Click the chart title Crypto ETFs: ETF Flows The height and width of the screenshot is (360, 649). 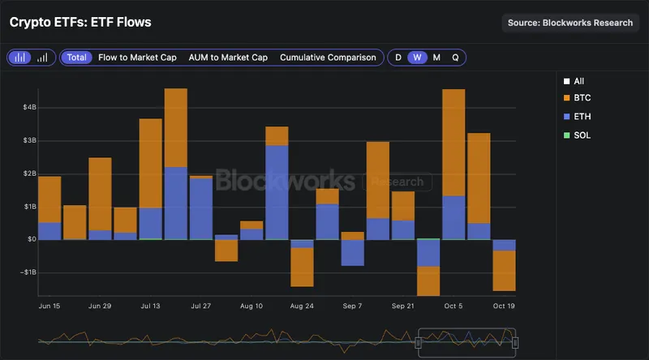(80, 23)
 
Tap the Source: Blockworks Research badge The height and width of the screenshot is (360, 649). (570, 23)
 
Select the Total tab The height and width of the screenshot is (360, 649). (77, 58)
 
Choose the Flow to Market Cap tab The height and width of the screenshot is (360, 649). (137, 58)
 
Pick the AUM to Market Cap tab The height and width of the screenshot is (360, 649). (228, 58)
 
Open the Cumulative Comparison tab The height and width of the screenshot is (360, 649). (328, 58)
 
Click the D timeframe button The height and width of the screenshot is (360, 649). (398, 58)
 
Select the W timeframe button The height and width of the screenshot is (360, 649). (417, 58)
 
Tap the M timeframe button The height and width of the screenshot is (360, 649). (436, 58)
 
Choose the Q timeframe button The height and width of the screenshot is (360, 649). (455, 58)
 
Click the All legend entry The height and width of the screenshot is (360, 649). (578, 81)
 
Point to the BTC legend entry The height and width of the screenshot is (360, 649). (582, 97)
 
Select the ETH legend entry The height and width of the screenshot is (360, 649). (582, 117)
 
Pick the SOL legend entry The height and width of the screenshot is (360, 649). (582, 135)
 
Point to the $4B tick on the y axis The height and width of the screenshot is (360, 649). (29, 107)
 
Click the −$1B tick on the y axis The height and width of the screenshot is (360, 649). (27, 272)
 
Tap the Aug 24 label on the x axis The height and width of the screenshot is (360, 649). (302, 306)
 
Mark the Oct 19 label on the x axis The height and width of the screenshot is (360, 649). (505, 306)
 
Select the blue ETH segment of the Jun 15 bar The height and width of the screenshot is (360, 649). (49, 230)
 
